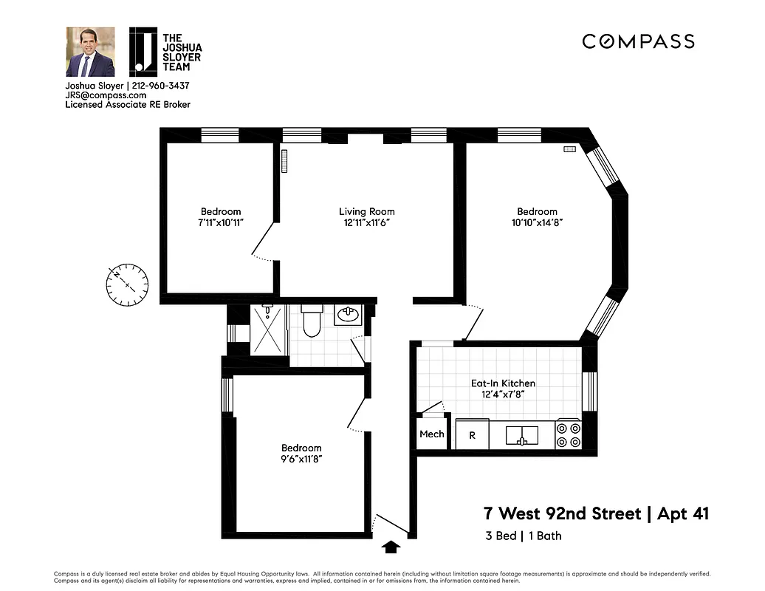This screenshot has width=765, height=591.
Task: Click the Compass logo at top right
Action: coord(638,41)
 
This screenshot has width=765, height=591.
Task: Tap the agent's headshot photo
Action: coord(90,52)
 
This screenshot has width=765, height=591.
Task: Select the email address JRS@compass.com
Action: coord(106,95)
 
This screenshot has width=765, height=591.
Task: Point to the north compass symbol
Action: coord(127,284)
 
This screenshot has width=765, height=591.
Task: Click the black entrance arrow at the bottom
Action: coord(392,547)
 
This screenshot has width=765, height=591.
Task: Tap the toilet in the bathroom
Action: coord(312,322)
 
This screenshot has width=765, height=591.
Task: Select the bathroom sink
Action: coord(347,315)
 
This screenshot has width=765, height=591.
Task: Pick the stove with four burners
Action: coord(568,434)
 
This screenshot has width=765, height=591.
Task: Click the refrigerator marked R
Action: coord(472,435)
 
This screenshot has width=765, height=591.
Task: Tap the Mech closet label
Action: coord(431,434)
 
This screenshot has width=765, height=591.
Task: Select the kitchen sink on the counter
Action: coord(522,435)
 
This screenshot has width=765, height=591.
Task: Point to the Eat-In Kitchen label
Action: coord(503,383)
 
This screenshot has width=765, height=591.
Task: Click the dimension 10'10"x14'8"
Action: coord(537,222)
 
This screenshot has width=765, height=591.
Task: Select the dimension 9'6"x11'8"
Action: coord(301,459)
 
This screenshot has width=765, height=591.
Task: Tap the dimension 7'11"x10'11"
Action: coord(221,222)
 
